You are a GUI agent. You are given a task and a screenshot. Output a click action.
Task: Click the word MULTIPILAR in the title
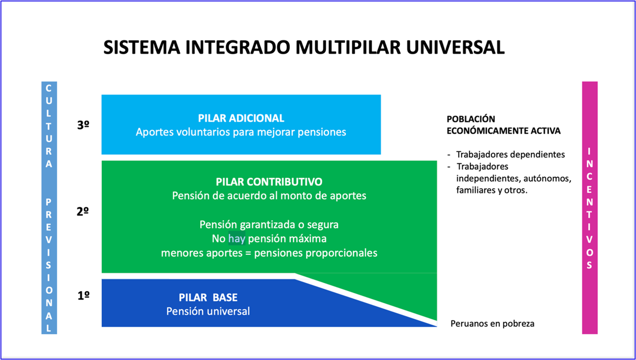[348, 47]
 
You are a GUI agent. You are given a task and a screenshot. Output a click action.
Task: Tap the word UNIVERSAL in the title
[456, 47]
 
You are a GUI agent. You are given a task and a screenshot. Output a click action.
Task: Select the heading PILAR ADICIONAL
[241, 118]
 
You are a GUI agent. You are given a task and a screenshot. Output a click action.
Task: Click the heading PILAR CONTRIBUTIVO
[269, 181]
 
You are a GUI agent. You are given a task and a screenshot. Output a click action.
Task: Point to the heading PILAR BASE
[208, 297]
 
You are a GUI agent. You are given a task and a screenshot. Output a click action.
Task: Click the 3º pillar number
[83, 125]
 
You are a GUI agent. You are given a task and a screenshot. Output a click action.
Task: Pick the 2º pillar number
[82, 211]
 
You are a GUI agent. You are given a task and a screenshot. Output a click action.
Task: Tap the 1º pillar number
[83, 296]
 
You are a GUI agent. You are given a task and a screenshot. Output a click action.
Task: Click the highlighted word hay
[237, 239]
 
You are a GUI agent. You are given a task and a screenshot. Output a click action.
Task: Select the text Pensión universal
[208, 311]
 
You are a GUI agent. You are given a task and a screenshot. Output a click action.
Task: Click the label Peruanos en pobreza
[492, 324]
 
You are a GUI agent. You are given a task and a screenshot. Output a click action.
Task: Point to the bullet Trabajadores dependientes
[510, 155]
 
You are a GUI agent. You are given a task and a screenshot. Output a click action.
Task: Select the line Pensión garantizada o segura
[269, 224]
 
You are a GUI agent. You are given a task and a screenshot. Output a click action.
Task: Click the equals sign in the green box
[248, 253]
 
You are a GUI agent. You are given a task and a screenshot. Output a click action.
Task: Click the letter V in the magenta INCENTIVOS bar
[590, 240]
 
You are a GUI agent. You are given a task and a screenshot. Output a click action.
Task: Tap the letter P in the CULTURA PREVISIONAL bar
[49, 202]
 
